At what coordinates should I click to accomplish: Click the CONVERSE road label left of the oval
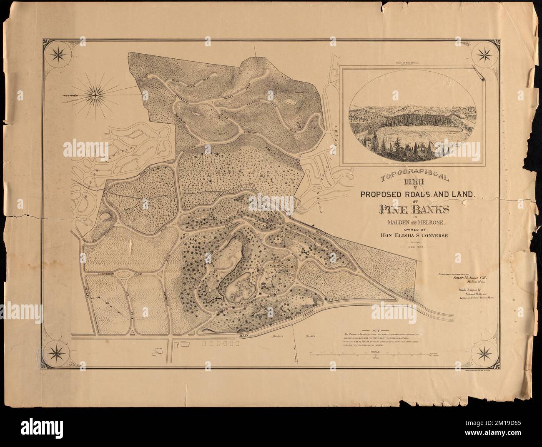click(106, 275)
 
